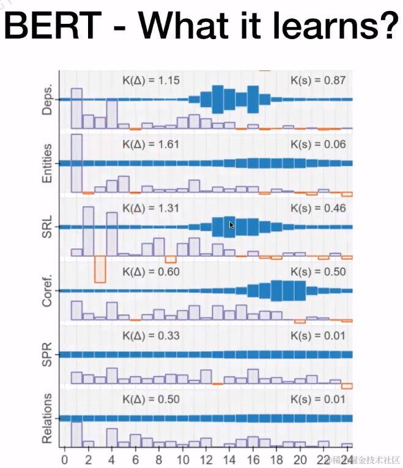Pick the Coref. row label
[46, 290]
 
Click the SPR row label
[46, 354]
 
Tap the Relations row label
[46, 418]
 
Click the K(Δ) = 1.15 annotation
[150, 80]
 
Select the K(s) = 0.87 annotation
[318, 80]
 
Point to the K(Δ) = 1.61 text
[150, 144]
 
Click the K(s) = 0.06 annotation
[318, 144]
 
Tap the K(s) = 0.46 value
[318, 208]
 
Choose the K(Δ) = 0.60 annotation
[150, 272]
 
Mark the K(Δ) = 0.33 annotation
[150, 336]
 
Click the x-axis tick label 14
[229, 459]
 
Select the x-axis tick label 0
[65, 459]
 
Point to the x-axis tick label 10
[182, 459]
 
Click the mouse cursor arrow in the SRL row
[231, 225]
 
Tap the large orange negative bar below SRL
[100, 269]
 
